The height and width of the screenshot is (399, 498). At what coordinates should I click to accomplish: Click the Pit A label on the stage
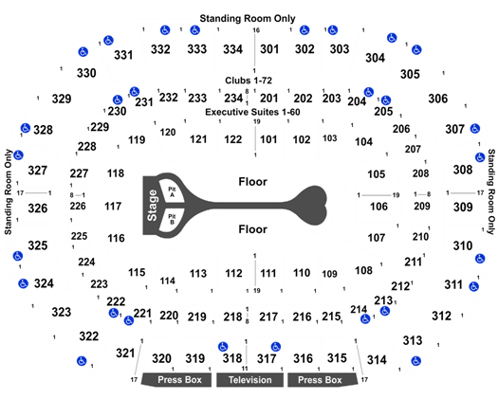(172, 192)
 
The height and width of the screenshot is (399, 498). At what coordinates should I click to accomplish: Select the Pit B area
(172, 219)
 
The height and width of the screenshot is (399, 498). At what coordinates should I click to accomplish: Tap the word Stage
(152, 206)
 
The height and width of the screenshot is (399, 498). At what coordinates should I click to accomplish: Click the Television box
(250, 380)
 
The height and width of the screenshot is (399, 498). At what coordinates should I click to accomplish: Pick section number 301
(269, 49)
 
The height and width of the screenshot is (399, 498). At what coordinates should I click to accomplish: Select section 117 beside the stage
(113, 207)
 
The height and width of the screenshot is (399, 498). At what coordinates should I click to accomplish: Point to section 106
(378, 207)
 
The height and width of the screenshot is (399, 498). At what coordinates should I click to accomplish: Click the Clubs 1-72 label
(249, 81)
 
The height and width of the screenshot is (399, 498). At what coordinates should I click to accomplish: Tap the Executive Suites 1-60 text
(252, 112)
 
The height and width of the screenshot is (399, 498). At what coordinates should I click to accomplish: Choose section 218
(232, 317)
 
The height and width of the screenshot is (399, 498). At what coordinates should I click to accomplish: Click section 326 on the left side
(38, 209)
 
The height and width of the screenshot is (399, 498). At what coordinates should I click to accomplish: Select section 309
(463, 208)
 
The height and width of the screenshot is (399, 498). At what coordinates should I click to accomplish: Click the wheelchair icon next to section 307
(475, 129)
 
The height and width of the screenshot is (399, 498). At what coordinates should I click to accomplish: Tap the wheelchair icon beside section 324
(23, 283)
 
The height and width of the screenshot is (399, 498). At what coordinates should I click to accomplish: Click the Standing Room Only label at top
(248, 18)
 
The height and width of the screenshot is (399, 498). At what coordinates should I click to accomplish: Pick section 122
(233, 139)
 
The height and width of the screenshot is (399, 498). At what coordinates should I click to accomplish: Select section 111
(268, 273)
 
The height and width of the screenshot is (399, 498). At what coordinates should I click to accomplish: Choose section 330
(86, 73)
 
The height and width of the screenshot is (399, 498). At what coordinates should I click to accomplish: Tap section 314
(377, 360)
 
